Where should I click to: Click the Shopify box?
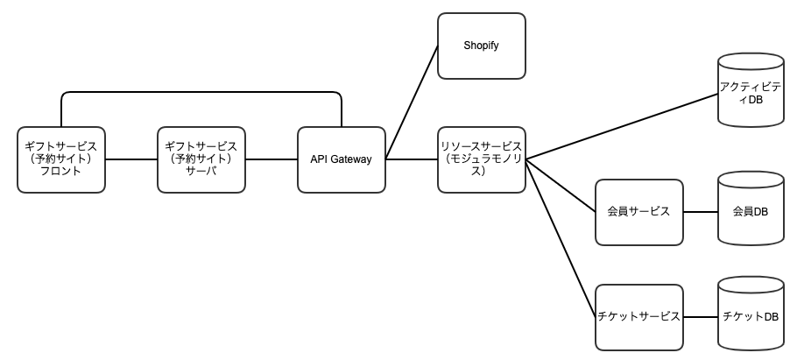tap(482, 46)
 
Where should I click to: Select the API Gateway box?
tap(341, 159)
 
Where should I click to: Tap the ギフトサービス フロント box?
tap(61, 159)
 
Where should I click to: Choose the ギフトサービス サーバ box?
tap(201, 159)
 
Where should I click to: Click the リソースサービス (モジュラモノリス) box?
tap(482, 159)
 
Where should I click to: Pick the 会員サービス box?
tap(639, 212)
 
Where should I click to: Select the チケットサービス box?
tap(639, 317)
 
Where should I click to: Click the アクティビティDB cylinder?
tap(751, 89)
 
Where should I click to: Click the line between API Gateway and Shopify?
tap(412, 102)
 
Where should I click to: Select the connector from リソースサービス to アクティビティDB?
tap(622, 127)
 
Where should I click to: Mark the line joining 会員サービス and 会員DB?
tap(701, 212)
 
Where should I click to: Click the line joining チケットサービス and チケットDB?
tap(701, 317)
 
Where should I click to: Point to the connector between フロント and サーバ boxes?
tap(131, 159)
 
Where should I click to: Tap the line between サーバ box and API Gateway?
tap(272, 159)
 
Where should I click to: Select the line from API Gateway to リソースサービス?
tap(412, 159)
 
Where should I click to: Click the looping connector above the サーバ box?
tap(201, 92)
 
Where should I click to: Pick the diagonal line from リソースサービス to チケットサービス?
tap(561, 238)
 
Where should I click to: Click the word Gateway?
tap(352, 159)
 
